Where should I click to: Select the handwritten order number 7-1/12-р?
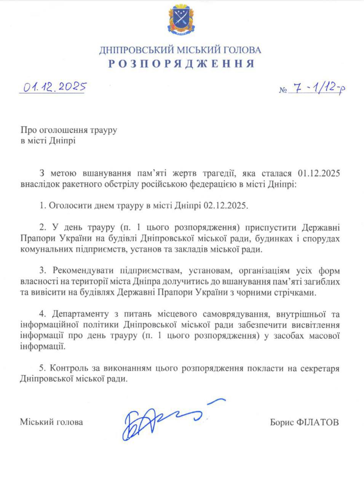point(318,89)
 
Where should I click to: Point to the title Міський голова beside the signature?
point(51,422)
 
